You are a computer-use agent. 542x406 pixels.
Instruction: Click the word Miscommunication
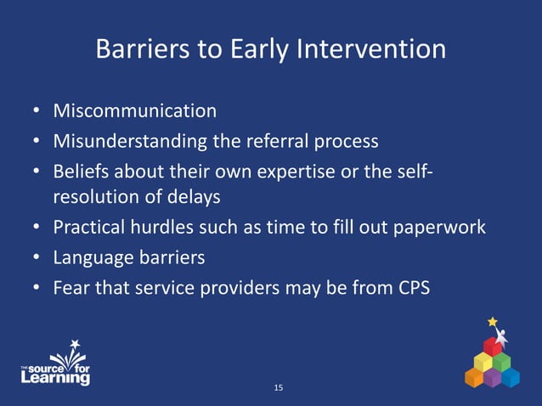[x=134, y=111]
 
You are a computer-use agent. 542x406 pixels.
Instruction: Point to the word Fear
[x=70, y=287]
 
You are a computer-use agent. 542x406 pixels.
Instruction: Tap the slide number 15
[x=279, y=388]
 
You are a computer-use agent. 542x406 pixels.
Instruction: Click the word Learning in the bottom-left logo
[x=55, y=378]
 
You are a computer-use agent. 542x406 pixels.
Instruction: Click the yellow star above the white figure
[x=492, y=322]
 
